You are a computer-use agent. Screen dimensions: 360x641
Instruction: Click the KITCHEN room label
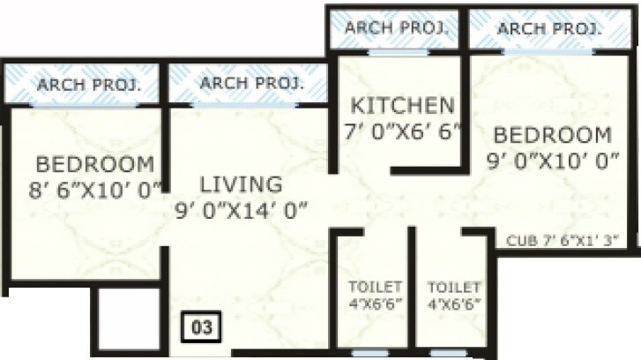pyautogui.click(x=403, y=106)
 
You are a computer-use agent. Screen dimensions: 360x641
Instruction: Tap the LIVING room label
pyautogui.click(x=241, y=184)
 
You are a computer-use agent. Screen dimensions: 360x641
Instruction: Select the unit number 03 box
pyautogui.click(x=203, y=326)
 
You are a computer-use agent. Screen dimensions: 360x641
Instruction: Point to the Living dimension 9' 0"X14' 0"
pyautogui.click(x=246, y=209)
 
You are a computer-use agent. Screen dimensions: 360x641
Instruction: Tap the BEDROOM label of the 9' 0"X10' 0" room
pyautogui.click(x=552, y=135)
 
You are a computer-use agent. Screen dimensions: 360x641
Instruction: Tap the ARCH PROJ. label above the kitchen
pyautogui.click(x=397, y=27)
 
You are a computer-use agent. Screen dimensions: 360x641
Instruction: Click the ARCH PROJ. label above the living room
pyautogui.click(x=252, y=84)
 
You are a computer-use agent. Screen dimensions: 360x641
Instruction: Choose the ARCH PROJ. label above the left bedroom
pyautogui.click(x=86, y=86)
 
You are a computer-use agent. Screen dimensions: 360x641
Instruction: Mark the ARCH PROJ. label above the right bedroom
pyautogui.click(x=549, y=28)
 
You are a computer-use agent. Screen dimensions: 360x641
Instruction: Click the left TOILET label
pyautogui.click(x=376, y=288)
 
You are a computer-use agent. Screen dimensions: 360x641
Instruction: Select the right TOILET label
pyautogui.click(x=453, y=288)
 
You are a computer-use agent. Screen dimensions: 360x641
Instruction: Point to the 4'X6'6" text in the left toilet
pyautogui.click(x=376, y=304)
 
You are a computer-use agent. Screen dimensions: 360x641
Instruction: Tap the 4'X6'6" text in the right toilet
pyautogui.click(x=453, y=304)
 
